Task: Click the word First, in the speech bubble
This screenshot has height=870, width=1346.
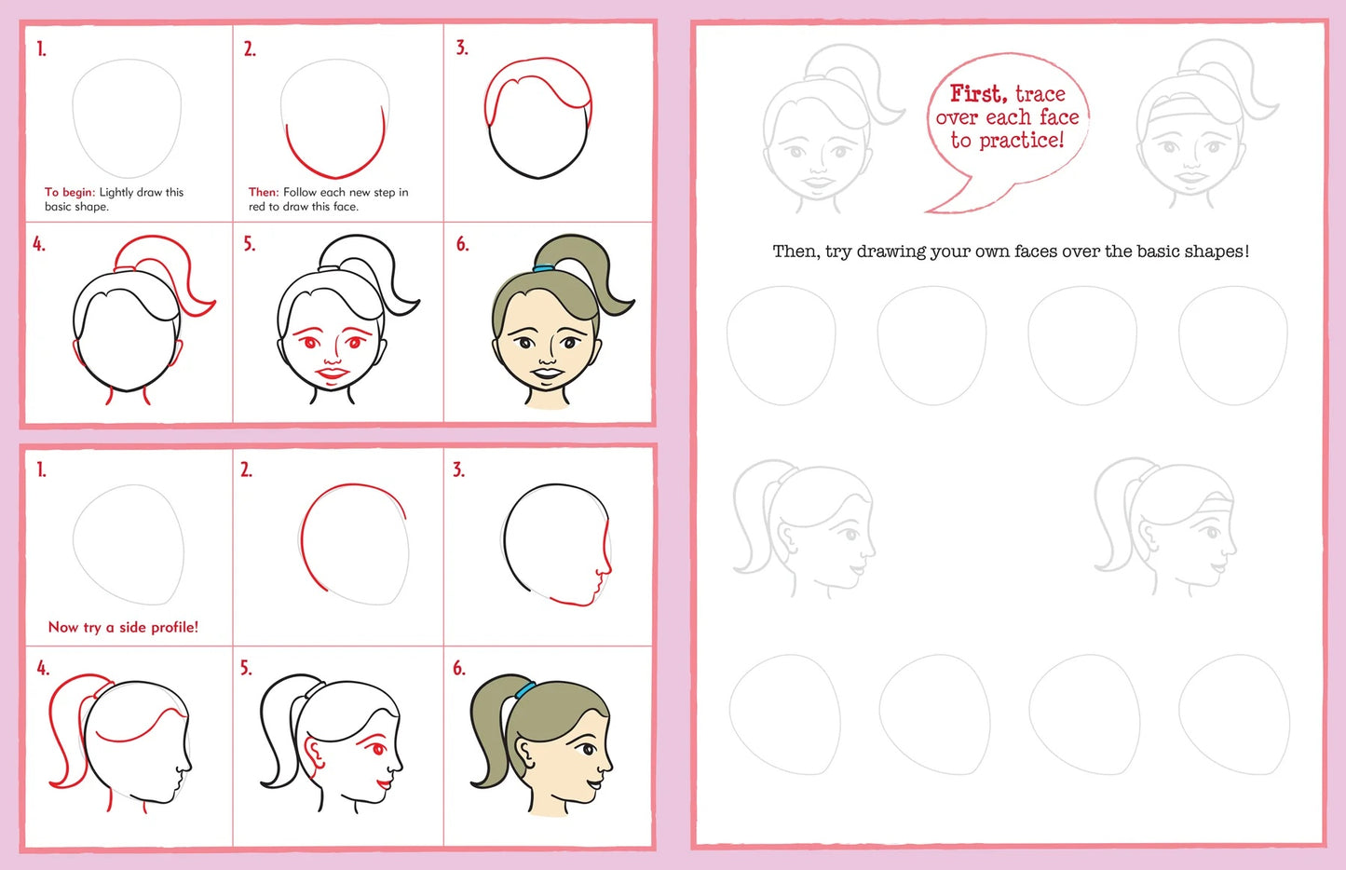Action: pos(979,93)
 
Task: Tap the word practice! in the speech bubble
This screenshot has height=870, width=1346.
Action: pos(1022,141)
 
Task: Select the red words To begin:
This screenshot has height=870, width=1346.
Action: pos(70,193)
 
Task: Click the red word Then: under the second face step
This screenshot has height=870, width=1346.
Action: pos(264,193)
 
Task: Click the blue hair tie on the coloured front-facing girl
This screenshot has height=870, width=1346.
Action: pos(544,268)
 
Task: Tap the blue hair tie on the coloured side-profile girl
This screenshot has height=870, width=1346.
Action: pos(525,691)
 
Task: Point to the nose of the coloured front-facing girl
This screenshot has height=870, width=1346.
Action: pos(549,357)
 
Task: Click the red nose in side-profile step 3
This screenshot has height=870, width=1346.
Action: pos(605,564)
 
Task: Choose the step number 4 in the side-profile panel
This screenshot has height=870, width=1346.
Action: pos(42,669)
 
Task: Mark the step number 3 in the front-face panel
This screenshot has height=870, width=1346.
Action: pos(461,48)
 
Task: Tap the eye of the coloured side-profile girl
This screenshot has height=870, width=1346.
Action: pos(587,749)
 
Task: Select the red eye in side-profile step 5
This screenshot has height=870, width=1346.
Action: pos(377,749)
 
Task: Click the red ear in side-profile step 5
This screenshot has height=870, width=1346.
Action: pos(314,753)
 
